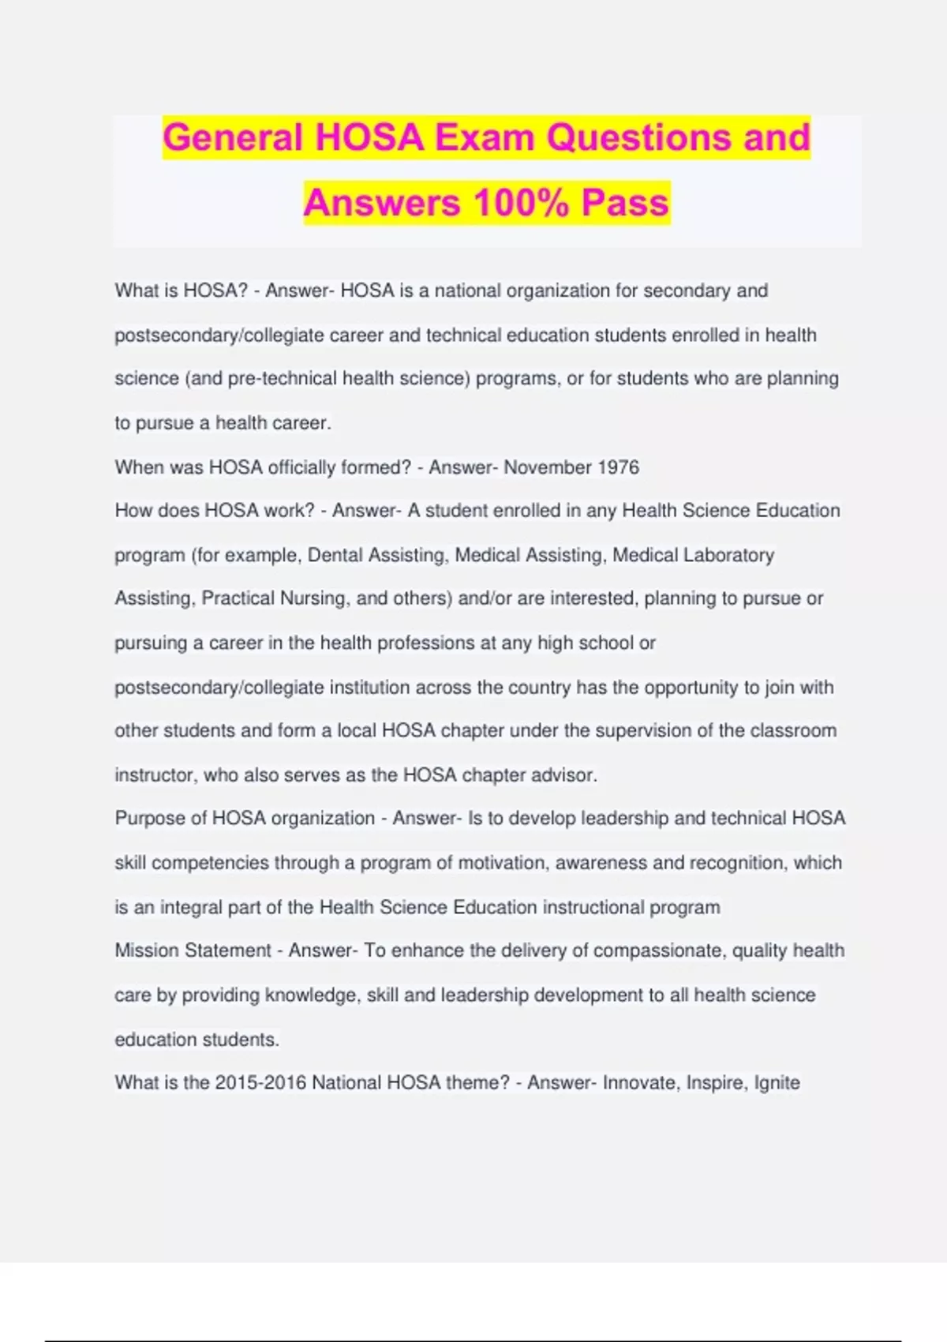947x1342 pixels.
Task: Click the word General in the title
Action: pos(233,137)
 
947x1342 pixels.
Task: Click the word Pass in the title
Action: pos(625,202)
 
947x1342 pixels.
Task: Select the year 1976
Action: pos(619,467)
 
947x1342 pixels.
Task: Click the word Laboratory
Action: pos(728,555)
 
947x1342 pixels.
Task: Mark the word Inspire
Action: pos(715,1082)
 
